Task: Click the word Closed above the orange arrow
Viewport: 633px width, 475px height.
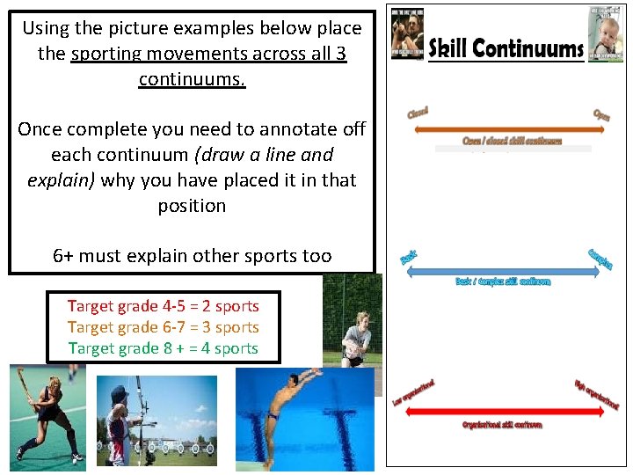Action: pos(418,113)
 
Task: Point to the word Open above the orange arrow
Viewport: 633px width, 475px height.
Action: pos(602,115)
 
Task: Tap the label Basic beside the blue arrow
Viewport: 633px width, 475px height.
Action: pos(408,258)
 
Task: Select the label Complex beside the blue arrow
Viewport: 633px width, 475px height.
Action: pos(600,259)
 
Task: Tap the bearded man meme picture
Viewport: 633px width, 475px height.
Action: pos(408,33)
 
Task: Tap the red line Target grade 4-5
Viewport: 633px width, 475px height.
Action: pos(164,306)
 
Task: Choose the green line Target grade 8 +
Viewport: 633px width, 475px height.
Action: pos(164,348)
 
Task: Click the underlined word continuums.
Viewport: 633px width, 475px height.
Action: pos(192,80)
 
